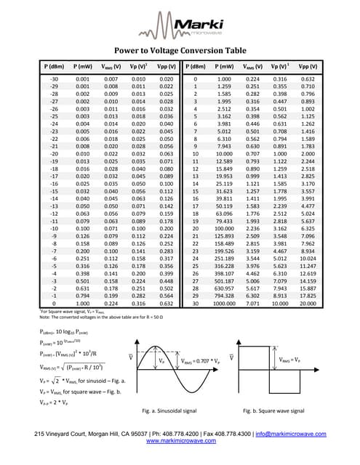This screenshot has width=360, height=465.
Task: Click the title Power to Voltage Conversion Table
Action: pos(180,52)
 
